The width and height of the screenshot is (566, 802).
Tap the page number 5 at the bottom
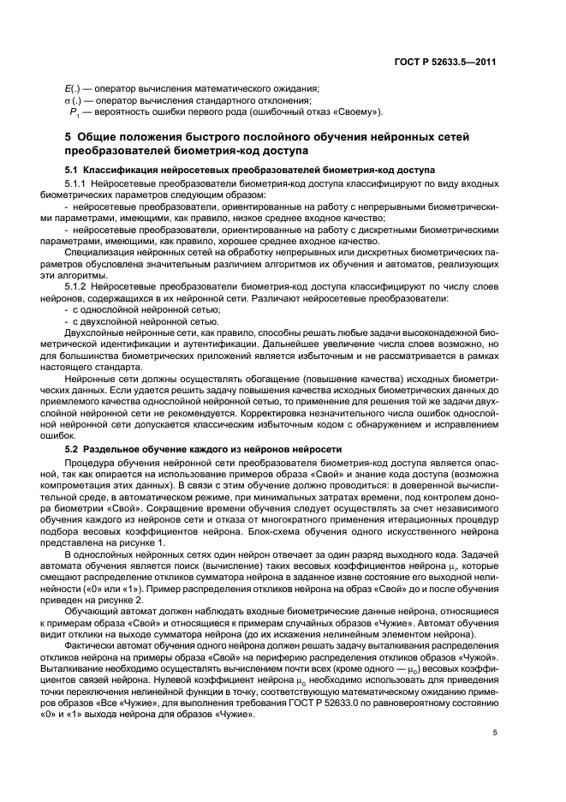tap(495, 733)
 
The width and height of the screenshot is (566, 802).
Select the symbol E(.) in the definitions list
tap(71, 89)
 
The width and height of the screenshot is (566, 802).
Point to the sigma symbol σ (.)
tap(72, 101)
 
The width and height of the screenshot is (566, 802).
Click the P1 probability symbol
tap(74, 113)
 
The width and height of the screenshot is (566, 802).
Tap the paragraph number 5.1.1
tap(79, 184)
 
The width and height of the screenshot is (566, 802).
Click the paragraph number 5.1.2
tap(79, 287)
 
